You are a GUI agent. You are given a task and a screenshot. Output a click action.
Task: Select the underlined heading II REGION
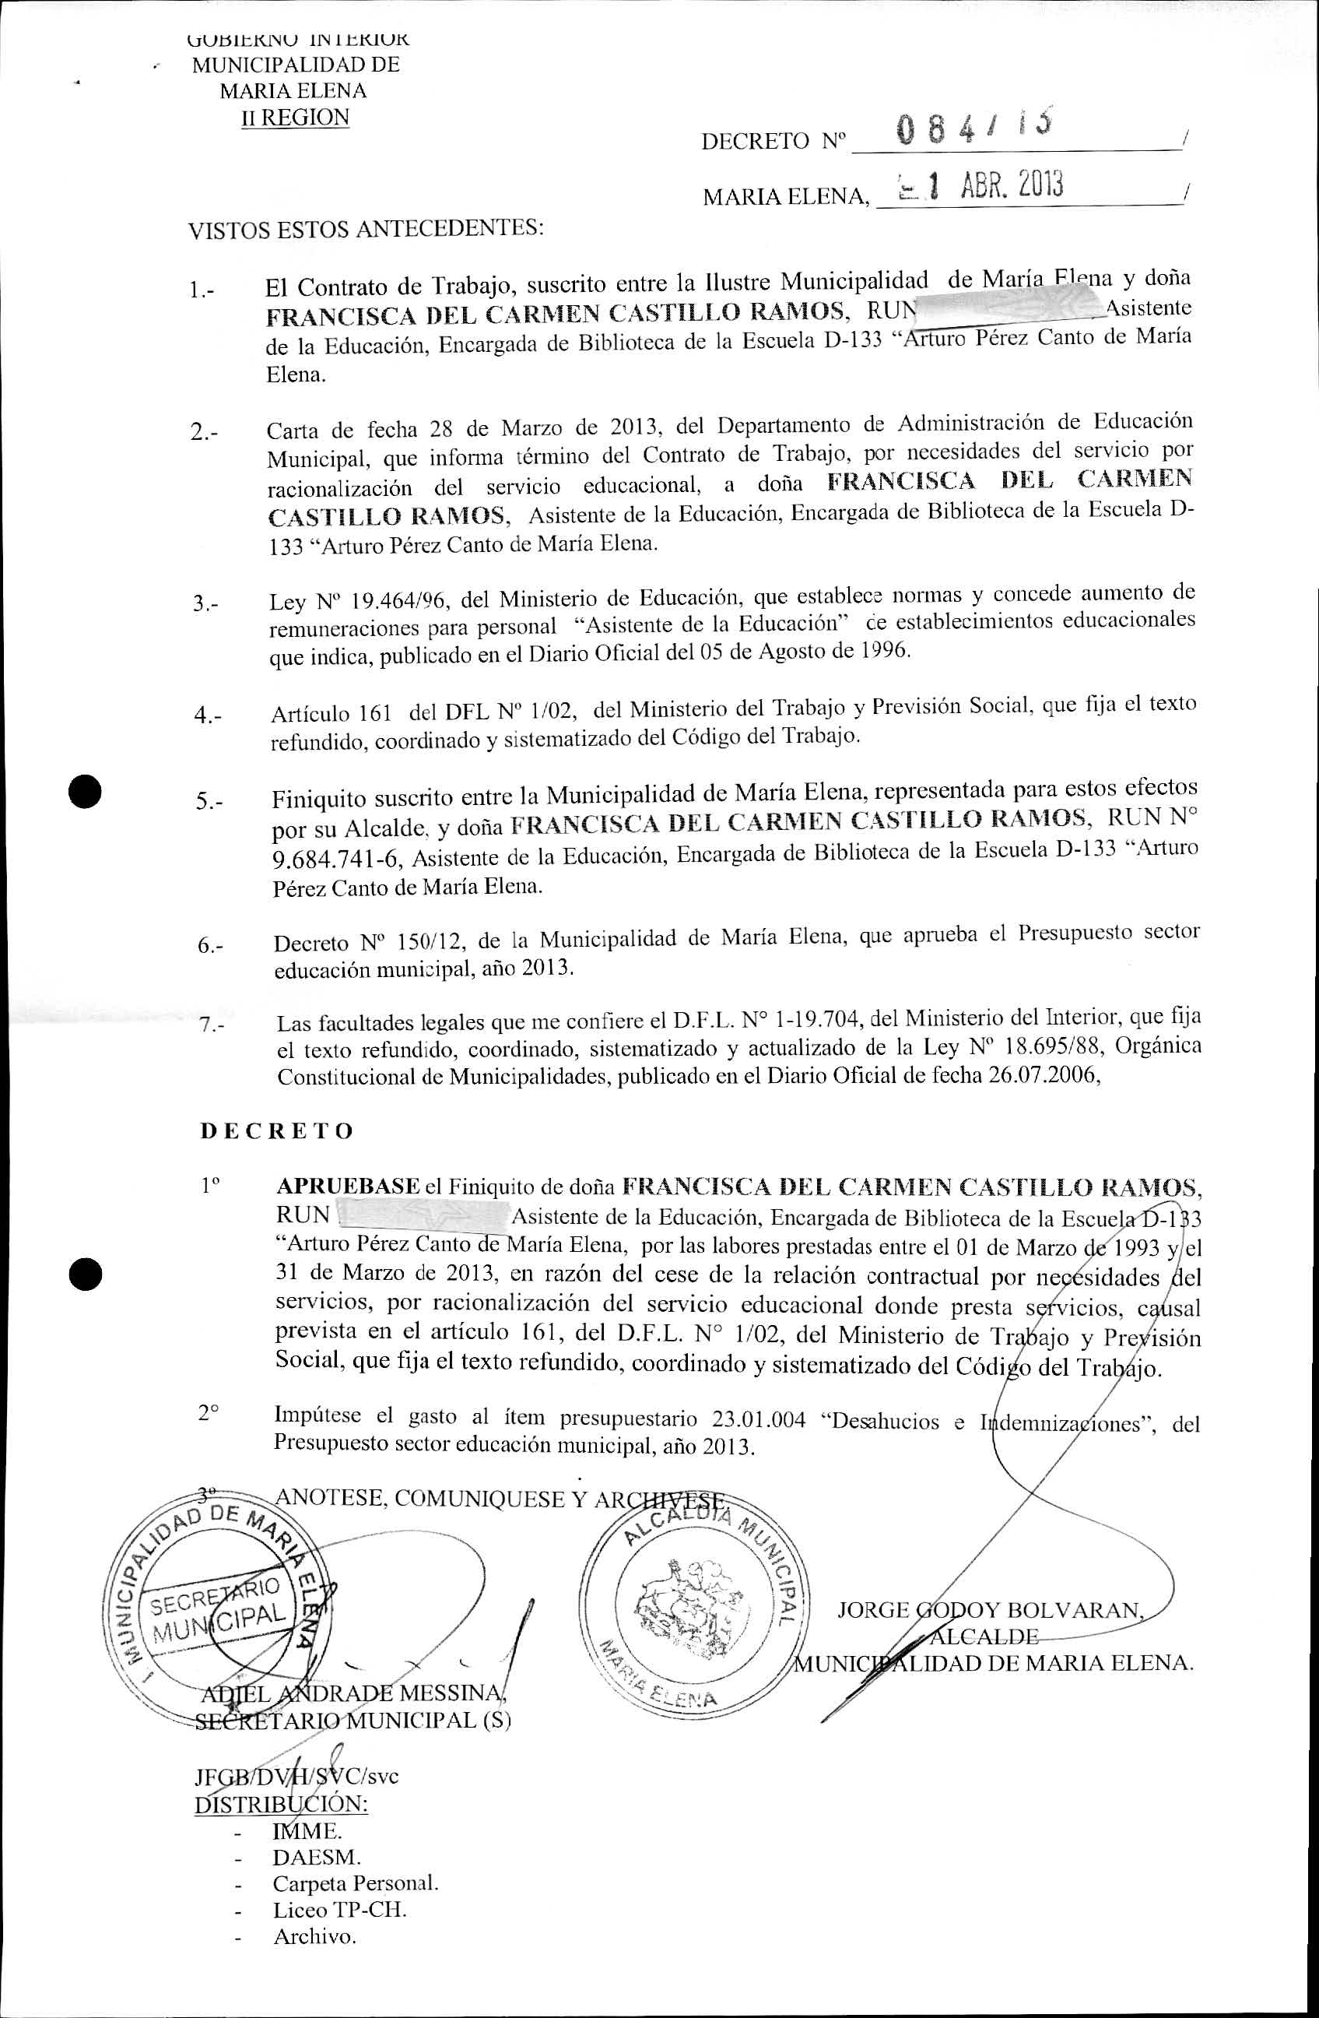[295, 118]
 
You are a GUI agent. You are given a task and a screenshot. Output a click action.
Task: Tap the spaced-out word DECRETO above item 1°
[276, 1131]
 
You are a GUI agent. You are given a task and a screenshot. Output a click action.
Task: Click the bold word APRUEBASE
[349, 1187]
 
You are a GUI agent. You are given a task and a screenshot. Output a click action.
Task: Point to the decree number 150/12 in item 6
[427, 941]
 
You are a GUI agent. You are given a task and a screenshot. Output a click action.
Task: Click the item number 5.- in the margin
[209, 801]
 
